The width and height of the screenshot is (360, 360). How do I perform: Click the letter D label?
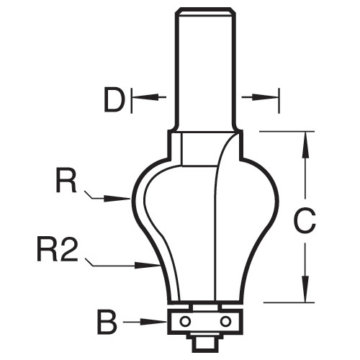tap(114, 99)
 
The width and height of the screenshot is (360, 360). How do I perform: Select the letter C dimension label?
tap(305, 220)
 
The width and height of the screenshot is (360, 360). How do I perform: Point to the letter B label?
tap(107, 322)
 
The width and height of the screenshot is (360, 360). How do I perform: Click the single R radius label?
tap(66, 180)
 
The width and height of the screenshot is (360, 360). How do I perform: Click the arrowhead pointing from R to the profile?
tap(117, 199)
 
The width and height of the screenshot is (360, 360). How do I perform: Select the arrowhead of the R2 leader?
tap(148, 266)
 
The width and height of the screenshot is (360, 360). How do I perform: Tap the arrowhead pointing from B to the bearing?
tap(153, 322)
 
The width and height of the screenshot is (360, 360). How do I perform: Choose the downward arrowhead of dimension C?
tap(305, 289)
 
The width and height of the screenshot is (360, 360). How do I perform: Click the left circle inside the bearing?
tap(185, 321)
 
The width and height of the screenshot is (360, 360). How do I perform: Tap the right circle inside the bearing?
tap(225, 321)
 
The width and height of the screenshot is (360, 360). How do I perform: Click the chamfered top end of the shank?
tap(205, 12)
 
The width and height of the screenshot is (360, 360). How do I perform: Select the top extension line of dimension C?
tap(287, 132)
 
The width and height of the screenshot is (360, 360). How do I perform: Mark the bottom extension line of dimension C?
tap(289, 302)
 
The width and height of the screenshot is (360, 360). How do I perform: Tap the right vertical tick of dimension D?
tap(279, 101)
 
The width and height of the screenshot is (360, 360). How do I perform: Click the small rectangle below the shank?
tap(200, 149)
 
